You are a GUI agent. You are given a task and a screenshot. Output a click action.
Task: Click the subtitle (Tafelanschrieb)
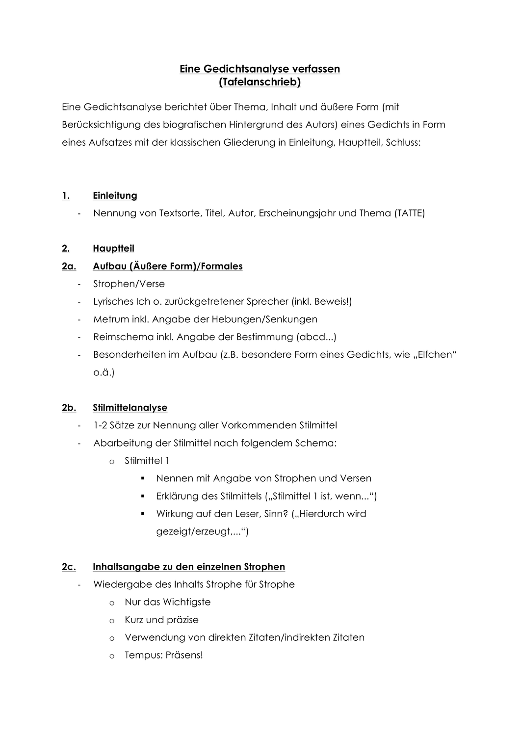[260, 82]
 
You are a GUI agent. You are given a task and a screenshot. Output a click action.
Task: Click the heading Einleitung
[115, 196]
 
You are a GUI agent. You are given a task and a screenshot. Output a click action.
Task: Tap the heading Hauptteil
[113, 249]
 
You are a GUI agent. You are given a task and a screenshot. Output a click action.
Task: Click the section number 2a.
[69, 266]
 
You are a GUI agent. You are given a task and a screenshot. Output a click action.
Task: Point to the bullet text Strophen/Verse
[129, 284]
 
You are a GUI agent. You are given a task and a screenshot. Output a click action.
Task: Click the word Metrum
[109, 319]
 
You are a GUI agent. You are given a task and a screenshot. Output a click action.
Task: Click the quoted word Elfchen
[435, 355]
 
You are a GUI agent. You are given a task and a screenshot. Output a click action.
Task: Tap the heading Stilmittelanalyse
[130, 408]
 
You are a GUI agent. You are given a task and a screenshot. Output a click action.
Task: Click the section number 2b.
[69, 408]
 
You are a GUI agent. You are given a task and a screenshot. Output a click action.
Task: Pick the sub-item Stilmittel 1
[147, 461]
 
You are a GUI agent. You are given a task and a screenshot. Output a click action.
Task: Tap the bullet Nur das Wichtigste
[167, 602]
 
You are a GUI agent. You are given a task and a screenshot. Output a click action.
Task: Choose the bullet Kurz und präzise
[161, 620]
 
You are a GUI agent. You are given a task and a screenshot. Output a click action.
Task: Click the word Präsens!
[184, 655]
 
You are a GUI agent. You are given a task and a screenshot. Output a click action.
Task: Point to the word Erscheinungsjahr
[297, 213]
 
